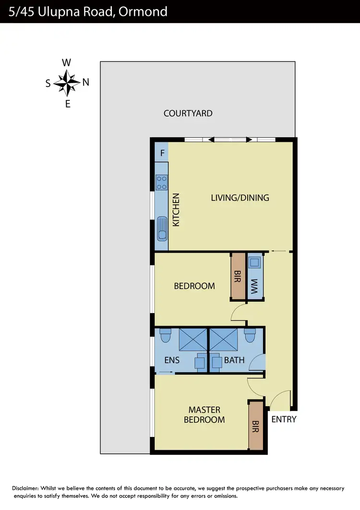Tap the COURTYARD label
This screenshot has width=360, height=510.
[x=188, y=113]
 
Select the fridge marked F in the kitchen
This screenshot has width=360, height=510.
[x=162, y=154]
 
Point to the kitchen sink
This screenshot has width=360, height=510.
[x=162, y=228]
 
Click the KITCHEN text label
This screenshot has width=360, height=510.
[x=176, y=210]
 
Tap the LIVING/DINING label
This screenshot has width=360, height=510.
[x=240, y=197]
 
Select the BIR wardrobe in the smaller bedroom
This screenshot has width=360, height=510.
[x=237, y=276]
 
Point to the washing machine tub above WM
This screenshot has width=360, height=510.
[x=254, y=262]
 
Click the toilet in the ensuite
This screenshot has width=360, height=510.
[x=165, y=335]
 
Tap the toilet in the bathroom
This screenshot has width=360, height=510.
[x=249, y=335]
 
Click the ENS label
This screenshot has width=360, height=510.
[x=171, y=359]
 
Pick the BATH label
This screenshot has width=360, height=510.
[x=234, y=359]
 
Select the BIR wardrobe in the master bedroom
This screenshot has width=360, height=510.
[x=255, y=425]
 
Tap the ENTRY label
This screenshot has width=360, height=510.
[x=284, y=419]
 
